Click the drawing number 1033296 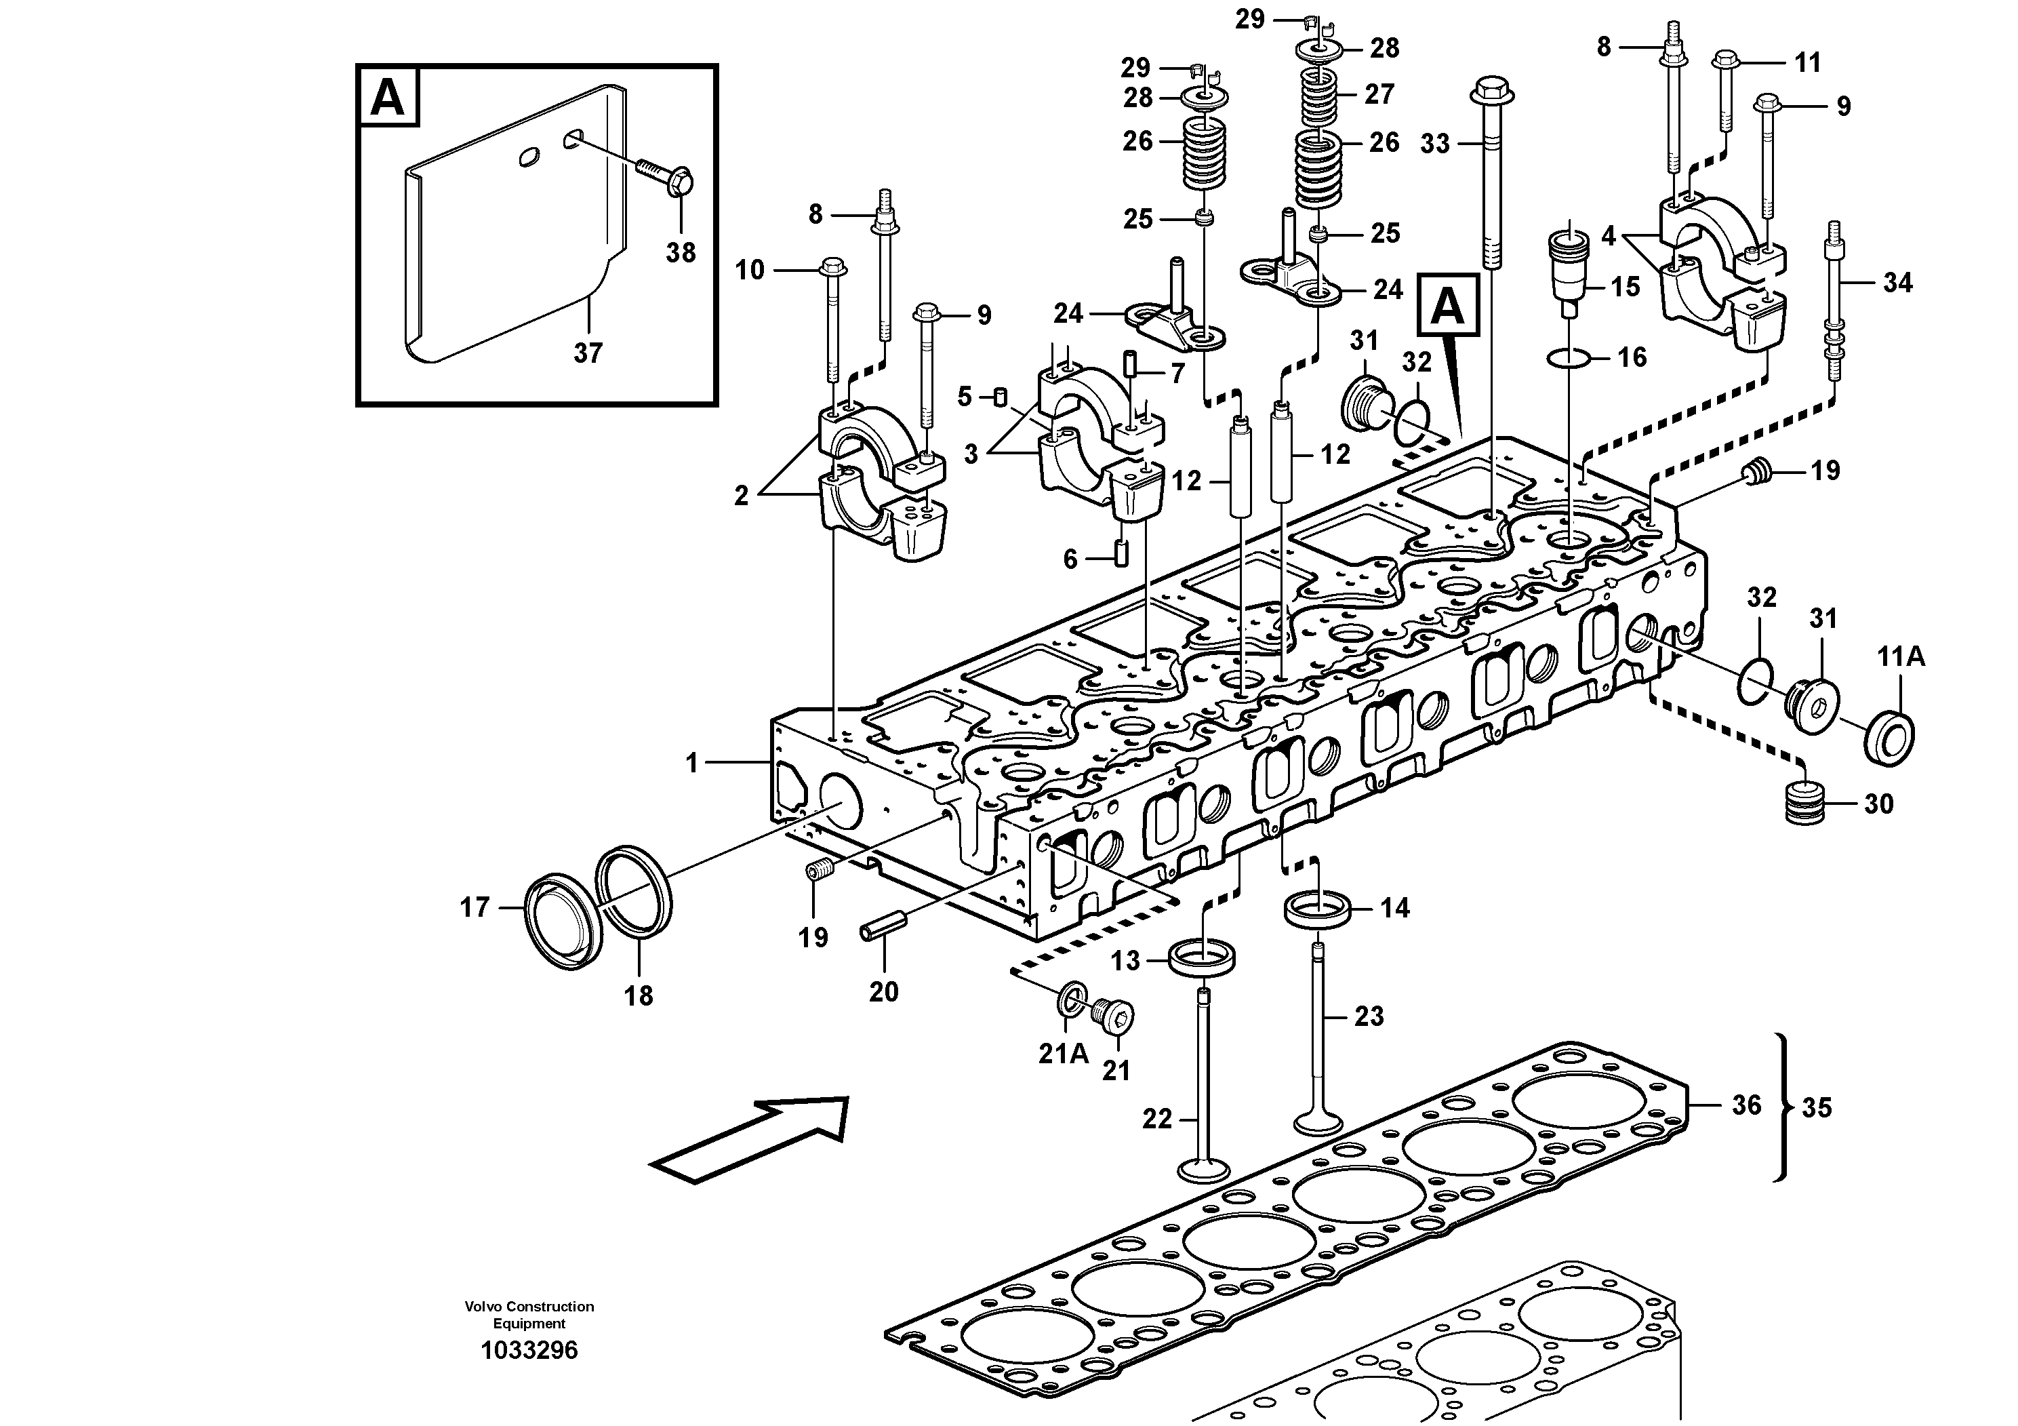point(529,1349)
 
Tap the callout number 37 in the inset point(588,353)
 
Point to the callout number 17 point(475,907)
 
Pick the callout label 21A point(1064,1053)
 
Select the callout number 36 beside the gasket point(1746,1105)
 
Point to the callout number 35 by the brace point(1817,1108)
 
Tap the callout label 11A point(1901,657)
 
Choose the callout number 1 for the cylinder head point(691,763)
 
